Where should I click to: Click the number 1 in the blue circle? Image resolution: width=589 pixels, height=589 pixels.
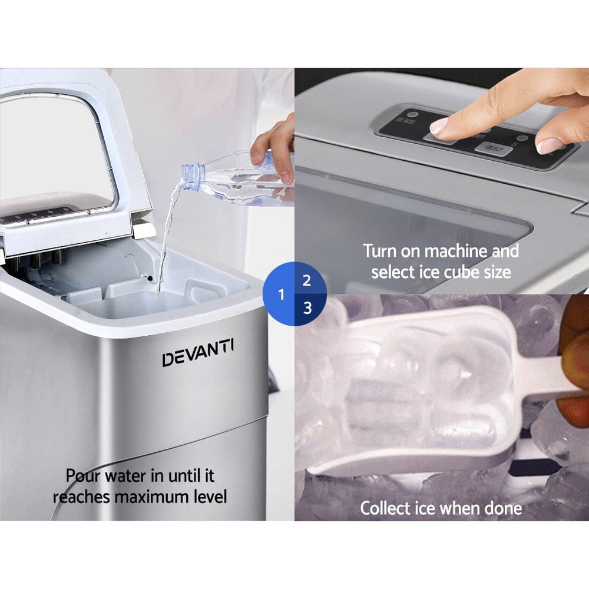click(x=282, y=294)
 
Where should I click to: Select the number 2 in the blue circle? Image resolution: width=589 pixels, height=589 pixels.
click(x=306, y=280)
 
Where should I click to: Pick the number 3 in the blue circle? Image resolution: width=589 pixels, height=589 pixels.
click(x=307, y=307)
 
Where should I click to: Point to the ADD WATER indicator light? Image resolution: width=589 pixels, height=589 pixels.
click(x=413, y=115)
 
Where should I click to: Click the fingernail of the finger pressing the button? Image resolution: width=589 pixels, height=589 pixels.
click(x=439, y=125)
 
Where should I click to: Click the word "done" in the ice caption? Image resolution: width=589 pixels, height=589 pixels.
click(x=500, y=508)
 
